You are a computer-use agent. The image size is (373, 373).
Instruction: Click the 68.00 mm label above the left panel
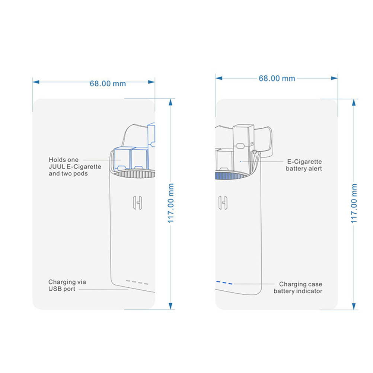coord(108,83)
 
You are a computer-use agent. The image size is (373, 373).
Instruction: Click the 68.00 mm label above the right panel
coord(277,78)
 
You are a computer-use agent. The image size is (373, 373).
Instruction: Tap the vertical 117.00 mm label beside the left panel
coord(171,203)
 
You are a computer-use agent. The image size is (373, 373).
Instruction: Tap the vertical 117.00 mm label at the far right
coord(354,203)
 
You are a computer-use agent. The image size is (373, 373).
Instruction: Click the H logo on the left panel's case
coord(138,203)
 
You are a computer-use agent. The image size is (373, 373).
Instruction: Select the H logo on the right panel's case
coord(223,203)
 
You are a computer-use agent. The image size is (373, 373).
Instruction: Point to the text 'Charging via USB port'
coord(67,285)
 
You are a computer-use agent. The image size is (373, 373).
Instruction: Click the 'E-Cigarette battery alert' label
coord(304,165)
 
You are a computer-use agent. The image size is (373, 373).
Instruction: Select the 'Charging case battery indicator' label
coord(298,287)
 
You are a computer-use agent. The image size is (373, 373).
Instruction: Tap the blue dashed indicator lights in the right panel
coord(224,283)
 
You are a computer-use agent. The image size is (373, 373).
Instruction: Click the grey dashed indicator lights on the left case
coord(137,283)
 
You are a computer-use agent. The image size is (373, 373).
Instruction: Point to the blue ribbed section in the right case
coord(228,176)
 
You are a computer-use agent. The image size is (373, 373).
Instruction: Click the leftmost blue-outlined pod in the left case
coord(122,159)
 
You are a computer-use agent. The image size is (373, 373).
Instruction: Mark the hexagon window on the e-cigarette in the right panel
coord(240,146)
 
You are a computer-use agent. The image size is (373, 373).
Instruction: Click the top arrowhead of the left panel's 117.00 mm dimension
coord(170,102)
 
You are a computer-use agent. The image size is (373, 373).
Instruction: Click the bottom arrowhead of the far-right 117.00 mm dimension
coord(354,306)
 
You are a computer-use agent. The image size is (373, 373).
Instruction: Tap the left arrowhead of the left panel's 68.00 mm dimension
coord(36,82)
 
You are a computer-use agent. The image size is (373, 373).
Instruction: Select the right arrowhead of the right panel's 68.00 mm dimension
coord(334,78)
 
